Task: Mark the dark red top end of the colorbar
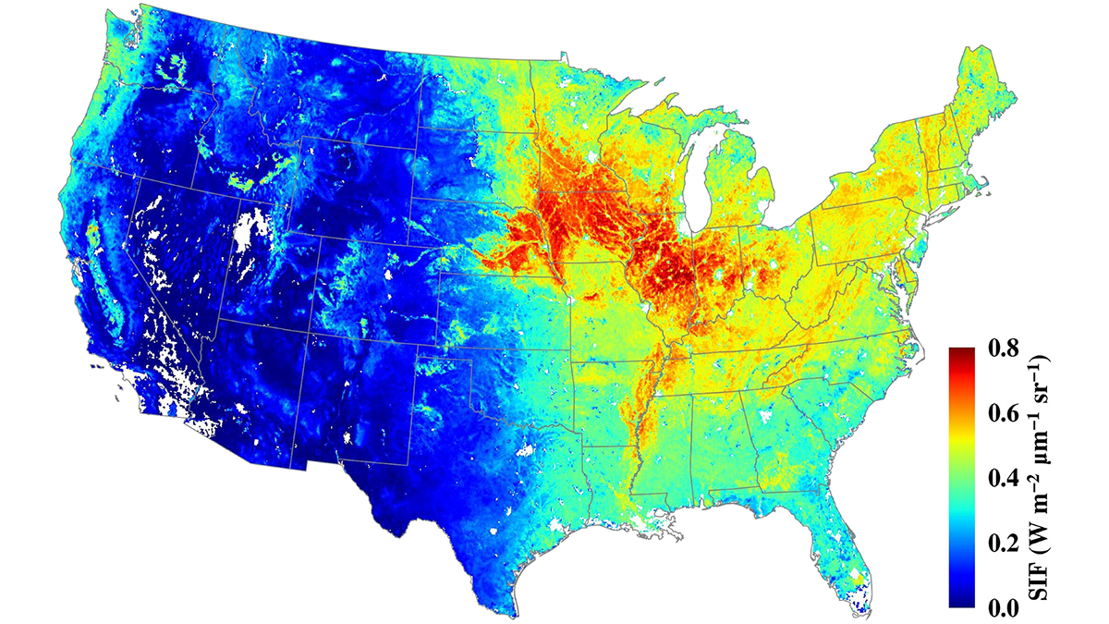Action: tap(962, 352)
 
